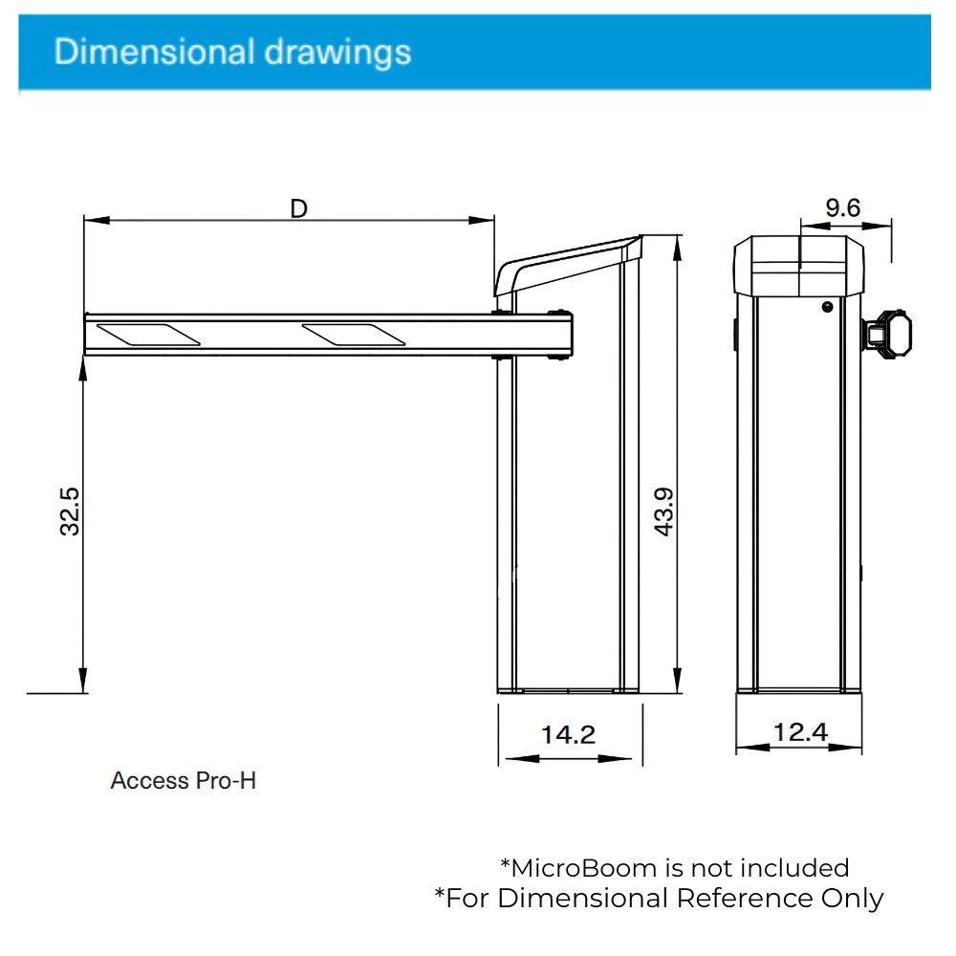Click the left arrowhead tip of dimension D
(x=84, y=220)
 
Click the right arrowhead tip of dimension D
(x=494, y=220)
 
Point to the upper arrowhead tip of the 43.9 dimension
(x=677, y=236)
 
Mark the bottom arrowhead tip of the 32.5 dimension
(x=83, y=692)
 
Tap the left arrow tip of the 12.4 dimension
(x=736, y=747)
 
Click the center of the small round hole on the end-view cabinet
(x=827, y=307)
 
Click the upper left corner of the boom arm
(x=85, y=315)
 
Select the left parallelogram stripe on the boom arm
(x=148, y=335)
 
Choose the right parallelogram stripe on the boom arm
(x=354, y=335)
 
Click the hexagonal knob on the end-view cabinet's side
(x=888, y=334)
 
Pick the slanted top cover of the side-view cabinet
(x=568, y=265)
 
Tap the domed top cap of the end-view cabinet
(x=798, y=267)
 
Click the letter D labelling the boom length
(x=298, y=209)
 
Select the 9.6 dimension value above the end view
(x=842, y=207)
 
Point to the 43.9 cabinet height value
(x=663, y=511)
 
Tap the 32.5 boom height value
(x=70, y=511)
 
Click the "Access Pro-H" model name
(x=183, y=781)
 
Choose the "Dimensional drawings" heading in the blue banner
(x=233, y=52)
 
